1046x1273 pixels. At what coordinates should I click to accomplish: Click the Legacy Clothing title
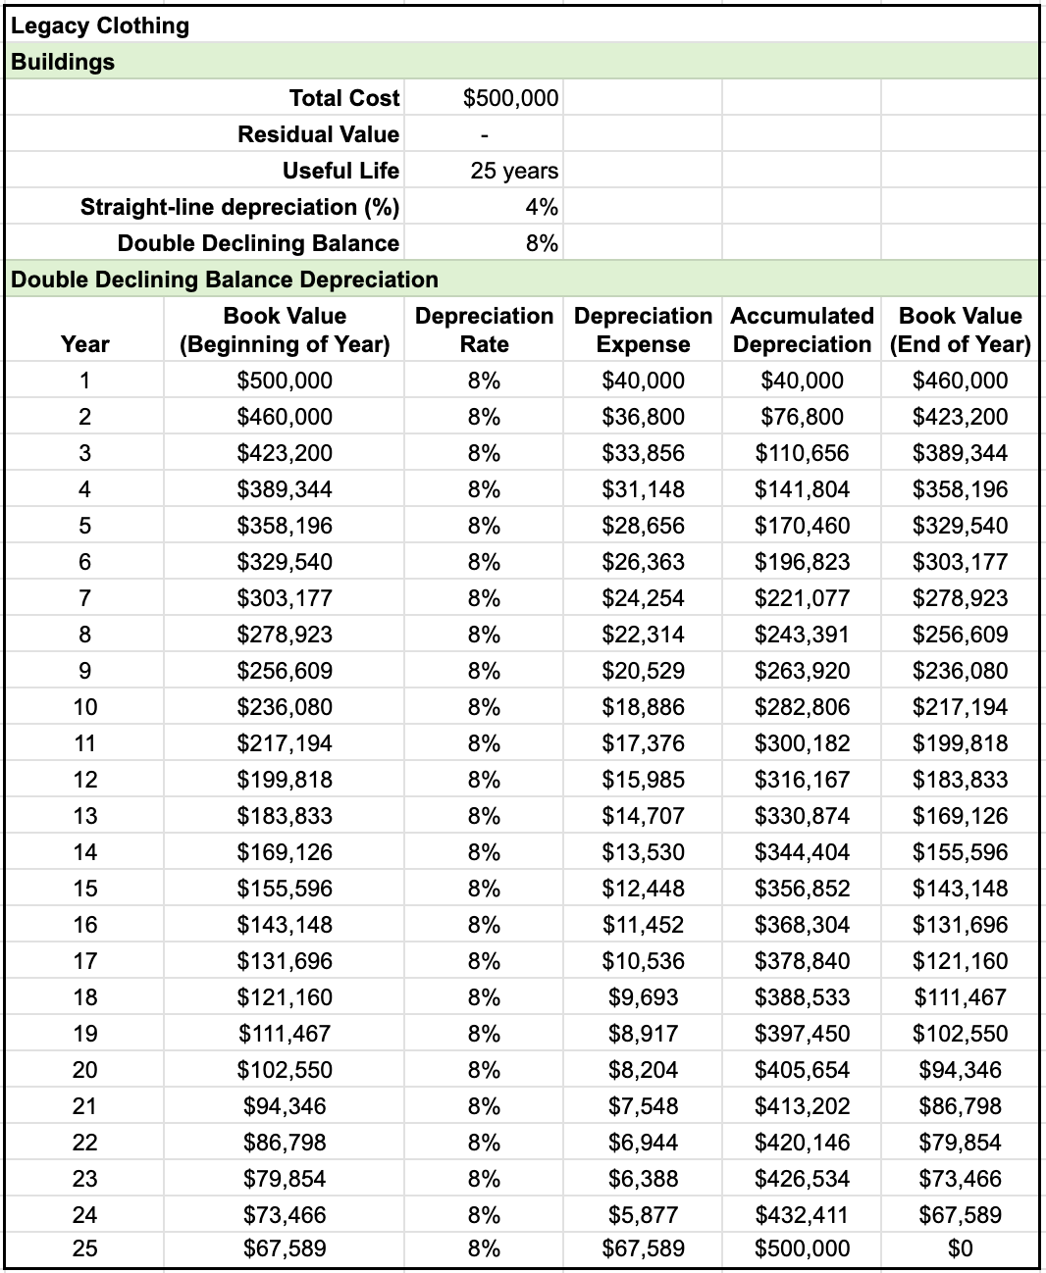[x=100, y=25]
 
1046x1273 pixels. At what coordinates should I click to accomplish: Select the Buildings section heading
[x=63, y=62]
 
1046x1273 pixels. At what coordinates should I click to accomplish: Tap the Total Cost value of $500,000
[x=510, y=98]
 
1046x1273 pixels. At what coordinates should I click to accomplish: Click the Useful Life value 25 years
[x=514, y=171]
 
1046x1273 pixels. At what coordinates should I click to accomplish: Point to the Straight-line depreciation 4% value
[x=542, y=207]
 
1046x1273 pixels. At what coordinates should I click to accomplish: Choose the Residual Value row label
[x=318, y=134]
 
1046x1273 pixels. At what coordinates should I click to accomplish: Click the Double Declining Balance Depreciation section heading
[x=225, y=280]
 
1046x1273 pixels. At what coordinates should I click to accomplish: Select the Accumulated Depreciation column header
[x=802, y=330]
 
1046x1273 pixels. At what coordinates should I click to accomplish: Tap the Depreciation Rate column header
[x=484, y=330]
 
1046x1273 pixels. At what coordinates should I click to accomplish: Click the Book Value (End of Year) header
[x=960, y=330]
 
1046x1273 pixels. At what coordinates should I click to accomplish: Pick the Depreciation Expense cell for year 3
[x=643, y=453]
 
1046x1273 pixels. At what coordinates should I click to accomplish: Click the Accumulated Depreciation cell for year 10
[x=802, y=707]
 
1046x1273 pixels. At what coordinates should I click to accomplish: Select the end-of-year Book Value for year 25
[x=960, y=1248]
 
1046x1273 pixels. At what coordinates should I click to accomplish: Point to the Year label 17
[x=85, y=961]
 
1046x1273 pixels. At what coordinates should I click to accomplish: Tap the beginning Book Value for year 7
[x=285, y=598]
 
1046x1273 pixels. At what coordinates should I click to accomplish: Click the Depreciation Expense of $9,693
[x=643, y=997]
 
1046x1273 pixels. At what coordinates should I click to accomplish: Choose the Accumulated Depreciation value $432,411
[x=802, y=1215]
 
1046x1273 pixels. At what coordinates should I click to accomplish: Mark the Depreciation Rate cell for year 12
[x=484, y=780]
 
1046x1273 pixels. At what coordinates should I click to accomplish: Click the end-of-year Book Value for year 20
[x=960, y=1070]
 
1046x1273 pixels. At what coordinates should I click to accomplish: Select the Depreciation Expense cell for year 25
[x=643, y=1248]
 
